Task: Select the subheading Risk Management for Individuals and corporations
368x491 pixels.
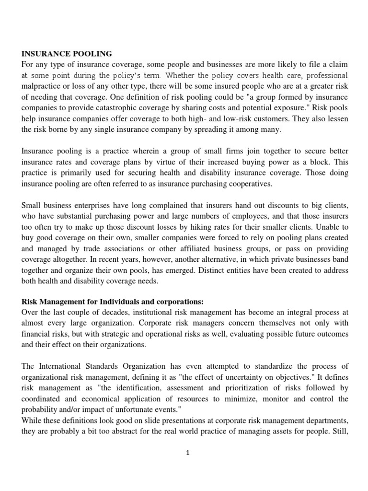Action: pyautogui.click(x=113, y=302)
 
